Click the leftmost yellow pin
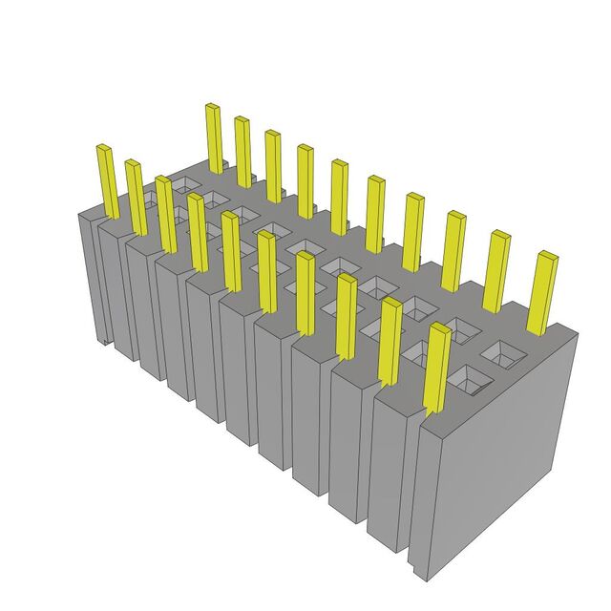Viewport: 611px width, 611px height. click(107, 181)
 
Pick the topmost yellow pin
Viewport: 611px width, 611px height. click(215, 137)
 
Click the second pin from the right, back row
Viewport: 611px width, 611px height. click(495, 271)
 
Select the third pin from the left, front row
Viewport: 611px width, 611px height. click(167, 214)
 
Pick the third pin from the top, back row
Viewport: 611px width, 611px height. click(273, 166)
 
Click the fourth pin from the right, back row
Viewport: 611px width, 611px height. click(412, 232)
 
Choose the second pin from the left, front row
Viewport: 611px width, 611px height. click(136, 198)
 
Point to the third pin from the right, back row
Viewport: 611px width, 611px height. click(453, 250)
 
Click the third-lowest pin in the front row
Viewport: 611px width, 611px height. click(346, 316)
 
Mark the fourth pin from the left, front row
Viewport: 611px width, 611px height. click(198, 232)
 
